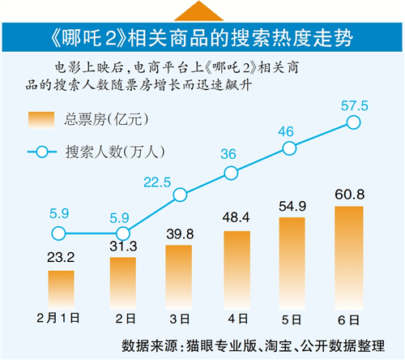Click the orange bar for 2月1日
point(61,290)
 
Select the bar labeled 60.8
point(349,258)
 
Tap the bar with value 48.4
point(237,270)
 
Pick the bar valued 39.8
point(179,277)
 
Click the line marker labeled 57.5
point(353,122)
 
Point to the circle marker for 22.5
point(180,195)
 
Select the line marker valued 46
point(289,148)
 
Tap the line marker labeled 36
point(231,173)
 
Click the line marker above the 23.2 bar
point(58,234)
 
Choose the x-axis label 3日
point(180,319)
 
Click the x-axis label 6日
point(348,320)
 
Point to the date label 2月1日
point(58,318)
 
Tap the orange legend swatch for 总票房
point(41,120)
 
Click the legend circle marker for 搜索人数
point(42,152)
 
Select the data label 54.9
point(292,207)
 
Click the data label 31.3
point(123,246)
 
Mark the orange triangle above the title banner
point(198,11)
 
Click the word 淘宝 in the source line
point(279,345)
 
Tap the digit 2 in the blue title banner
point(111,37)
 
